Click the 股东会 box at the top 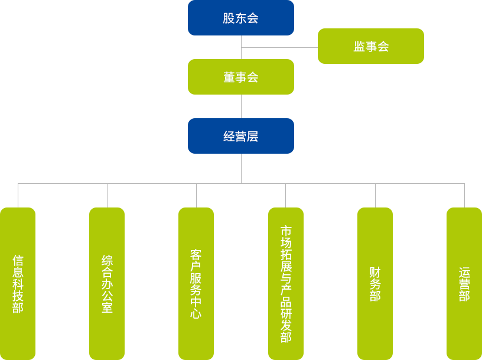coord(240,18)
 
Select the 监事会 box coord(370,46)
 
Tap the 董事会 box coord(240,76)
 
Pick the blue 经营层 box coord(240,135)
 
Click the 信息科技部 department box coord(18,283)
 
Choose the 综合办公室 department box coord(106,283)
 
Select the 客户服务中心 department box coord(196,283)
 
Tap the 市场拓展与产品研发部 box coord(285,283)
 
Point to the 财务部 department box coord(374,283)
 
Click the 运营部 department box coord(464,283)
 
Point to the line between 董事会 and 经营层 coord(240,106)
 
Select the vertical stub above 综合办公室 coord(106,195)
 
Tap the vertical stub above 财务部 coord(374,195)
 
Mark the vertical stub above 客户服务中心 coord(196,195)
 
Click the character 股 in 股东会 coord(229,18)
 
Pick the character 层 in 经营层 coord(253,137)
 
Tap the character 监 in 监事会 coord(359,47)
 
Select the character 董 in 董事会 coord(229,77)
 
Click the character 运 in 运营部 coord(464,273)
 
